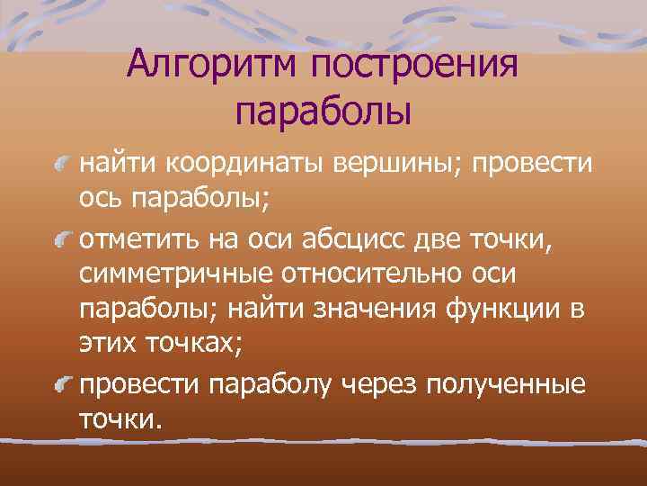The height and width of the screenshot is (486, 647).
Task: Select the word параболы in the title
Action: (x=323, y=112)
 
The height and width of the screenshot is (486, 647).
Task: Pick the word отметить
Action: (x=136, y=241)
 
